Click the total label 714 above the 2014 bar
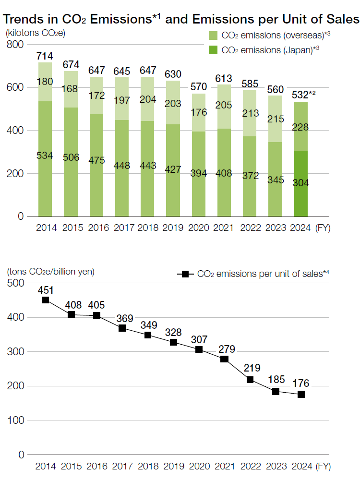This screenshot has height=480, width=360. [45, 56]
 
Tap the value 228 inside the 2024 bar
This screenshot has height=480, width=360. [301, 127]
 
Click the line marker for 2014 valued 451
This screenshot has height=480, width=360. [46, 300]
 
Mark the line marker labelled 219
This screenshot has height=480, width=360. [250, 380]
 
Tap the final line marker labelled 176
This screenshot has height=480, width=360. [301, 395]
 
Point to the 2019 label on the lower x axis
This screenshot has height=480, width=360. [173, 466]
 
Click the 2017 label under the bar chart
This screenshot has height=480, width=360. [122, 228]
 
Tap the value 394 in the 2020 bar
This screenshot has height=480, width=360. [199, 173]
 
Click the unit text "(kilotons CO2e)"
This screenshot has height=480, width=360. [35, 34]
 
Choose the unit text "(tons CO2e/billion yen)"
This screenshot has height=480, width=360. [50, 271]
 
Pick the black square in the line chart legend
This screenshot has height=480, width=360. [183, 274]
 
